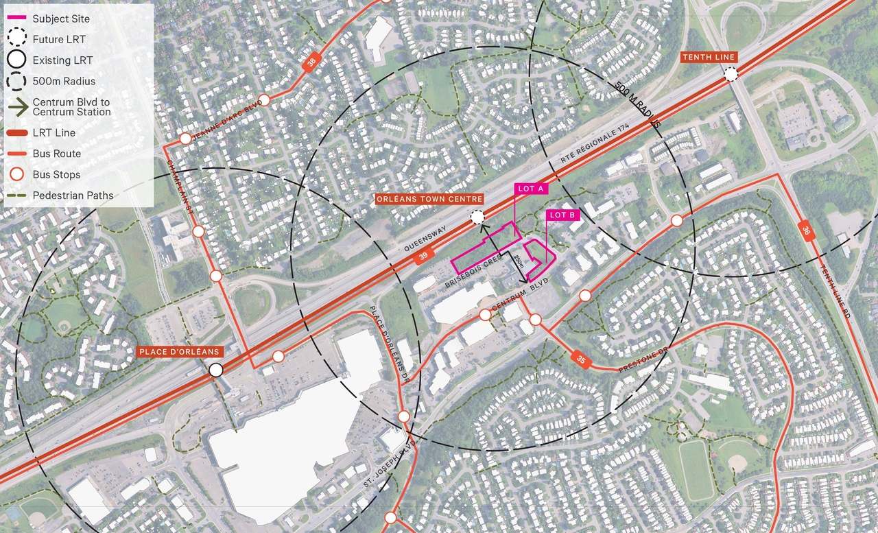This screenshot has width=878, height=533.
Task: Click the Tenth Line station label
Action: coord(708,58)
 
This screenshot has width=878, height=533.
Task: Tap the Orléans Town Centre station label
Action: coord(429,199)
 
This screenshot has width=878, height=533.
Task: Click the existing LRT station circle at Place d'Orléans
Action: coord(216,370)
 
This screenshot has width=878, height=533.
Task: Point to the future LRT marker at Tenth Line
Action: coord(731,74)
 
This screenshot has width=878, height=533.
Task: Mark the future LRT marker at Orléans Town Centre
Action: coord(477,218)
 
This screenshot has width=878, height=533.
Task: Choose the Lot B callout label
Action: coord(563,215)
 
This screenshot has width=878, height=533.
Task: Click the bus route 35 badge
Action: coord(580,358)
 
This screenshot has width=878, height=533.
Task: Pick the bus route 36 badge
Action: coord(805,230)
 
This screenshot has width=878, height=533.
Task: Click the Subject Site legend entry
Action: coord(60,19)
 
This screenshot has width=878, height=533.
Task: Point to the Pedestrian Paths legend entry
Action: coord(73,196)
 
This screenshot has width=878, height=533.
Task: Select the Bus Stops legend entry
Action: coord(56,175)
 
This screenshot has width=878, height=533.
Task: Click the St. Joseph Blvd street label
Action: coord(390,465)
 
